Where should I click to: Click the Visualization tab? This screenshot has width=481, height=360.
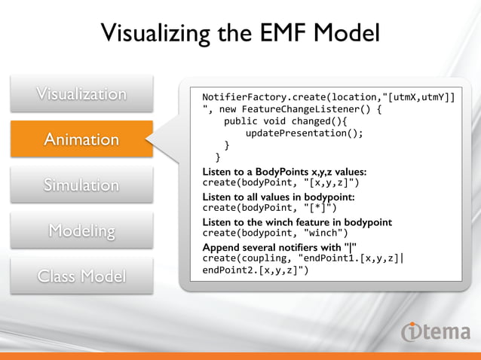point(82,94)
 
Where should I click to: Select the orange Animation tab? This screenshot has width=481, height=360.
point(82,139)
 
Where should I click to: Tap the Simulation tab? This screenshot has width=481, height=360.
point(82,185)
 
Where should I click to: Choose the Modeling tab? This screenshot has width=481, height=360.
point(82,230)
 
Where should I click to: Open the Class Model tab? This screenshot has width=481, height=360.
point(82,276)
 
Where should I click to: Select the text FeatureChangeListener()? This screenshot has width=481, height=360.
point(309,110)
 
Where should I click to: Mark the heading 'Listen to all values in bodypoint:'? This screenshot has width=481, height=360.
point(278,197)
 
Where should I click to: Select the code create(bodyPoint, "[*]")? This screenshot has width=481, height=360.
point(269,208)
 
